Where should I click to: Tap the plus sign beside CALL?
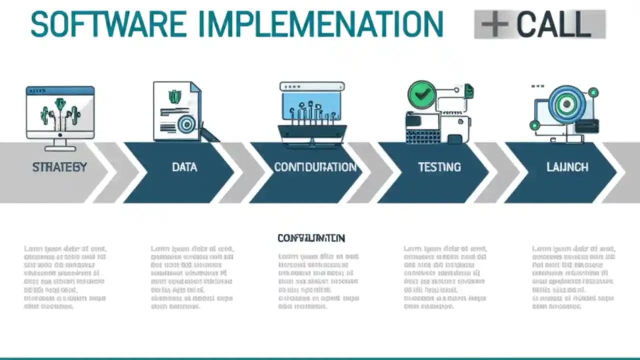tap(494, 24)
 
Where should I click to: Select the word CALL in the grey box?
tap(553, 24)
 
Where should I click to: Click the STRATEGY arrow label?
tap(59, 167)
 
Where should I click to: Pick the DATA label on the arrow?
tap(184, 167)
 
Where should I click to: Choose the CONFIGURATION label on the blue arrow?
tap(315, 167)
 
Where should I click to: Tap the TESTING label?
tap(439, 167)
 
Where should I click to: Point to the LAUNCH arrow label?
tap(567, 167)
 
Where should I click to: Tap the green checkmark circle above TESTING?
tap(421, 94)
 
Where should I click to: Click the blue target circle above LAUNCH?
tap(566, 104)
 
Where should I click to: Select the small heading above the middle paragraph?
tap(311, 238)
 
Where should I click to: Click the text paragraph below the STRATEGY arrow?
tap(65, 277)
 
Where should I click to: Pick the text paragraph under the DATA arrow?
tap(192, 277)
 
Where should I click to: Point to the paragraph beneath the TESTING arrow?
tap(445, 277)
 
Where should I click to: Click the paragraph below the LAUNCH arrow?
tap(573, 277)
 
